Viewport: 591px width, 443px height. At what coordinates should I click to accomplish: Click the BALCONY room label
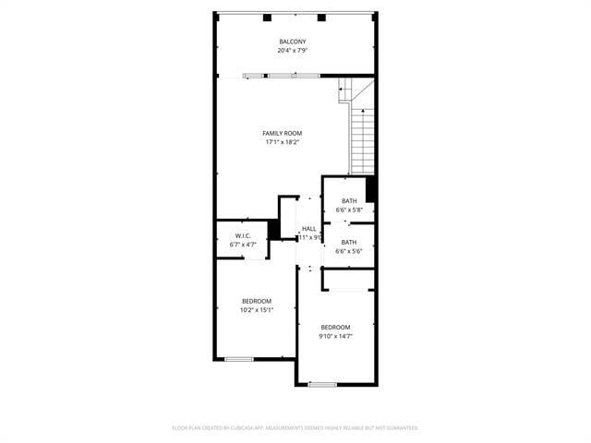click(x=293, y=42)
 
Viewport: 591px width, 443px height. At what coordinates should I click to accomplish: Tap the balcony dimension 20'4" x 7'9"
click(x=293, y=51)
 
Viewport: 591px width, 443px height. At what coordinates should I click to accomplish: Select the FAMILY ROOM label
click(x=282, y=133)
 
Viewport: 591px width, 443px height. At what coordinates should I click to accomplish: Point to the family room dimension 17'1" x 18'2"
click(x=282, y=142)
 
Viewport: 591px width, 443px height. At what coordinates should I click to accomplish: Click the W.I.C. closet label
click(x=243, y=236)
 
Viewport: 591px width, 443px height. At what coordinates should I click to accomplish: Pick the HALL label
click(x=308, y=229)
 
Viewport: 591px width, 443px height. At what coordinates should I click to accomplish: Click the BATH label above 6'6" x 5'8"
click(x=349, y=201)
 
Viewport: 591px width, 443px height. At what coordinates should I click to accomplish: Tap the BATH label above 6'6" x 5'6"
click(x=349, y=242)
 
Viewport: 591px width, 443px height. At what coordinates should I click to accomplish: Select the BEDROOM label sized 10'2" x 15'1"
click(x=257, y=301)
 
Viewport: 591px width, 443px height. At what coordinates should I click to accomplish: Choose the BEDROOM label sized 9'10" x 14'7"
click(x=335, y=327)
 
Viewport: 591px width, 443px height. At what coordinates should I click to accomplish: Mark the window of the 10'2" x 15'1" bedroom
click(x=239, y=359)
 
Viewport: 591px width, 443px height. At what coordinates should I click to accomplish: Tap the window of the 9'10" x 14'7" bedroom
click(x=322, y=384)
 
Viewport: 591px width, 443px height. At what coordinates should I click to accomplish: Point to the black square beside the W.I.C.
click(x=273, y=229)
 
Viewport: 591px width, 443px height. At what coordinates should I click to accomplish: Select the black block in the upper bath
click(x=371, y=188)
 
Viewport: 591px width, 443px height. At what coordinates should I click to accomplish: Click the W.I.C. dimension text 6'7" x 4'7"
click(x=243, y=245)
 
